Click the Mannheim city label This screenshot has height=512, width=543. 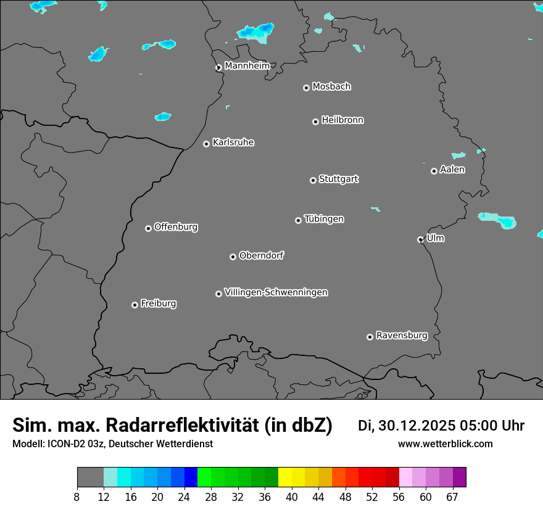click(247, 66)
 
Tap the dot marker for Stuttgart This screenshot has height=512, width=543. click(313, 180)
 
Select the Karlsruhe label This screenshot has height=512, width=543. click(233, 142)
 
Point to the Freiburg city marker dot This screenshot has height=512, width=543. click(135, 305)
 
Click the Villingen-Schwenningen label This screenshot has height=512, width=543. click(276, 292)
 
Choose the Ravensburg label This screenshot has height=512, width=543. click(402, 336)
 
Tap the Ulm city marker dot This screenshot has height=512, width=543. click(420, 239)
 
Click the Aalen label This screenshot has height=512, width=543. click(452, 170)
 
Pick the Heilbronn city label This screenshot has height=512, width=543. click(342, 120)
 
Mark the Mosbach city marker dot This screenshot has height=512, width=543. click(306, 88)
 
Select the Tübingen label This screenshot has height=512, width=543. click(324, 219)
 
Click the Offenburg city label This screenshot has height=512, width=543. click(176, 227)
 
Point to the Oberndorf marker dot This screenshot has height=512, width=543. click(233, 257)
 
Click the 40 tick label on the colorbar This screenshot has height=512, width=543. click(292, 497)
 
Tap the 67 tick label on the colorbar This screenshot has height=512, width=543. click(452, 497)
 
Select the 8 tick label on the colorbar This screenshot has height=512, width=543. click(77, 497)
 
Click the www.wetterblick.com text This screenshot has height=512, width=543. click(445, 444)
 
